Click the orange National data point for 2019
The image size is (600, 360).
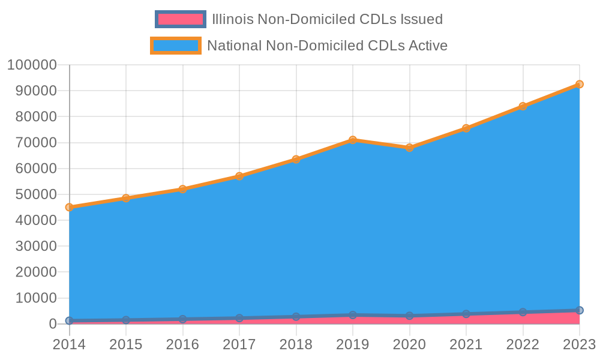coord(353,140)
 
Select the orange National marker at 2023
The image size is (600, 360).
coord(580,85)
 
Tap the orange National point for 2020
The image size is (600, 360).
coord(409,148)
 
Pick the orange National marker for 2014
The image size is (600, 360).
coord(69,207)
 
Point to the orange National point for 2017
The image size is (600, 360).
coord(239,176)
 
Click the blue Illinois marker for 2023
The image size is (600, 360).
coord(580,310)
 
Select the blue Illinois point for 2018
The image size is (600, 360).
coord(296,316)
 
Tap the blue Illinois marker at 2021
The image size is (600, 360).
coord(466,314)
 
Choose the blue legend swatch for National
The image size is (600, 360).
coord(175,46)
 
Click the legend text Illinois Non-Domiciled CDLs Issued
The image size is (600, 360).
coord(327,19)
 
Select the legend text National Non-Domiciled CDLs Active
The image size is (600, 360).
coord(327,46)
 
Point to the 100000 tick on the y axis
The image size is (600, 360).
coord(32,65)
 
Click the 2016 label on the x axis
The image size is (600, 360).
coord(182,344)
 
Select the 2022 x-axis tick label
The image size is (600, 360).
coord(523,344)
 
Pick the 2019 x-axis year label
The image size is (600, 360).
coord(353,344)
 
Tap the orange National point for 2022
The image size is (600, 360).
coord(523,106)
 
